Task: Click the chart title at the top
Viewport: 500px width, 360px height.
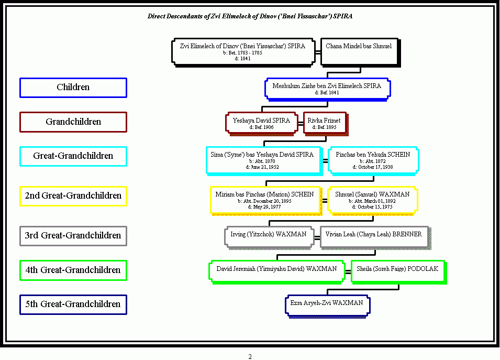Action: tap(250, 16)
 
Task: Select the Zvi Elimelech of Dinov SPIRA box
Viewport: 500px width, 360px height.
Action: tap(242, 51)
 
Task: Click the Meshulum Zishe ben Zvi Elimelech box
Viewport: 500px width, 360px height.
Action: tap(327, 89)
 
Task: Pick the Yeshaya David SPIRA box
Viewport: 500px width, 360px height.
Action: tap(261, 123)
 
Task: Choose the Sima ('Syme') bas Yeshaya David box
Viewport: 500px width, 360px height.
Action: tap(262, 160)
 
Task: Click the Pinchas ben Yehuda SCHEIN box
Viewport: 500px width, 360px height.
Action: tap(373, 160)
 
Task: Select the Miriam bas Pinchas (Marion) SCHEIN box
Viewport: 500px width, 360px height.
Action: tap(264, 200)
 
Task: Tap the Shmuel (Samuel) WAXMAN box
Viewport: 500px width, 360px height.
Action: tap(372, 200)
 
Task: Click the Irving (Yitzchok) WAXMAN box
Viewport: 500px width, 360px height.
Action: tap(269, 236)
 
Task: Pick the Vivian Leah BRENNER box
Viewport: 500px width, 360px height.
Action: tap(373, 236)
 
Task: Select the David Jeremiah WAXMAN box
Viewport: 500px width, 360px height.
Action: tap(276, 271)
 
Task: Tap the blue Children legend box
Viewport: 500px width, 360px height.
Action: tap(73, 88)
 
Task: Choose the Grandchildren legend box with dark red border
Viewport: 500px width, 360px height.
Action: tap(73, 122)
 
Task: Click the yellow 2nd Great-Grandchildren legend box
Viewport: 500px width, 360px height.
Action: tap(73, 196)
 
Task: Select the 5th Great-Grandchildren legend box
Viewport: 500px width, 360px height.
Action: tap(73, 304)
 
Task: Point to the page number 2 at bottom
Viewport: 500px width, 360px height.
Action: tap(250, 357)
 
